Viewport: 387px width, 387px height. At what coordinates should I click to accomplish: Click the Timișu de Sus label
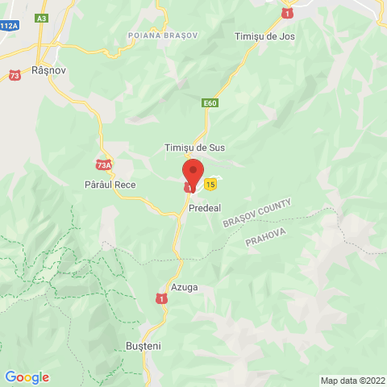click(194, 148)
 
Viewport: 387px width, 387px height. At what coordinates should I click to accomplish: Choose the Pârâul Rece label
click(110, 185)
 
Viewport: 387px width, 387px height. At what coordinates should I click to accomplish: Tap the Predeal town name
click(205, 208)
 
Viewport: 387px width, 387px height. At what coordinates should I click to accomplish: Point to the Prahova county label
click(266, 232)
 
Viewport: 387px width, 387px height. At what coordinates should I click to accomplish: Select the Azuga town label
click(184, 286)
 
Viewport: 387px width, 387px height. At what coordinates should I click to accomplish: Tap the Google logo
click(27, 377)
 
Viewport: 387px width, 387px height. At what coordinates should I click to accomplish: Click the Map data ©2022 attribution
click(352, 381)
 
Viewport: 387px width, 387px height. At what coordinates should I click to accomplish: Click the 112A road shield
click(9, 26)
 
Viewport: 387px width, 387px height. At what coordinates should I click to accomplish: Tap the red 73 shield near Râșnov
click(15, 76)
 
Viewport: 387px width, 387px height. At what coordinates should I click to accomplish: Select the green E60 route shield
click(210, 103)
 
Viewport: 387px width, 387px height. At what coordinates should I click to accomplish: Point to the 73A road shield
click(103, 165)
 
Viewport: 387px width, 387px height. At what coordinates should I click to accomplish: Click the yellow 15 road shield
click(210, 185)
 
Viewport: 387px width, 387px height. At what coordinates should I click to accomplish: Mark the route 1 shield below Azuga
click(162, 298)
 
